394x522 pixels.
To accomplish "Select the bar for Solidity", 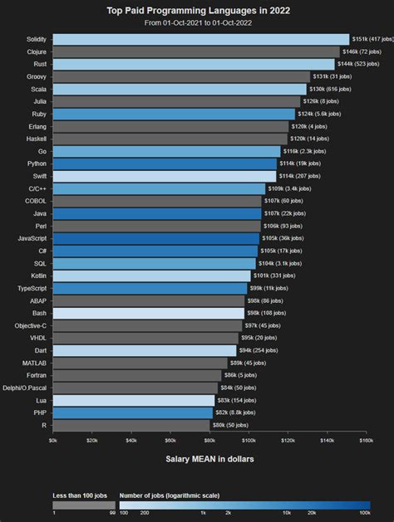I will tap(200, 39).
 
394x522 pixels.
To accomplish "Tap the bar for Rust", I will tap(194, 64).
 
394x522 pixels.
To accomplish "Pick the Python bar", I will tap(165, 163).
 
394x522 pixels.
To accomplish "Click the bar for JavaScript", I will tap(155, 238).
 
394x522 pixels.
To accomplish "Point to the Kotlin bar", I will tap(151, 276).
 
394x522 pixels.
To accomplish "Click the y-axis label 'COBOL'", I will tap(36, 201).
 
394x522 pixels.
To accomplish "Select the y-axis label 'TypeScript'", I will tap(32, 288).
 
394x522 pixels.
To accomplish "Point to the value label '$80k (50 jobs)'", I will tap(230, 425).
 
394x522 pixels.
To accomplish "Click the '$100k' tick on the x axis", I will tap(249, 441).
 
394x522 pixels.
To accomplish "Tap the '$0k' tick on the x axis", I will tap(53, 441).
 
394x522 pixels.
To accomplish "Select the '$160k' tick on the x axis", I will tap(366, 441).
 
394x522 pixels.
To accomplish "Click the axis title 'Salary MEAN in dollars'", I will tap(209, 458).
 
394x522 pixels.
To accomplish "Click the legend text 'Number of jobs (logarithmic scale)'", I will tap(169, 495).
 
